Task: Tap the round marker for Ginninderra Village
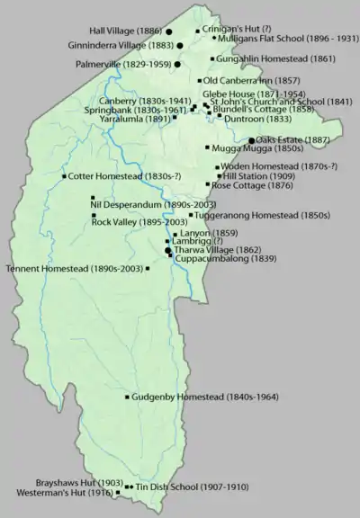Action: point(179,44)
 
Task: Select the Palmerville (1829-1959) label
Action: point(125,65)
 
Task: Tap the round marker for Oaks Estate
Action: point(251,140)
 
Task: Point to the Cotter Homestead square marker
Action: point(64,176)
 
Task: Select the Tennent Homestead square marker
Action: point(147,268)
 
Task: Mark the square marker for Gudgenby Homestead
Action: point(126,397)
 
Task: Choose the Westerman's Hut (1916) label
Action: point(66,493)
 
